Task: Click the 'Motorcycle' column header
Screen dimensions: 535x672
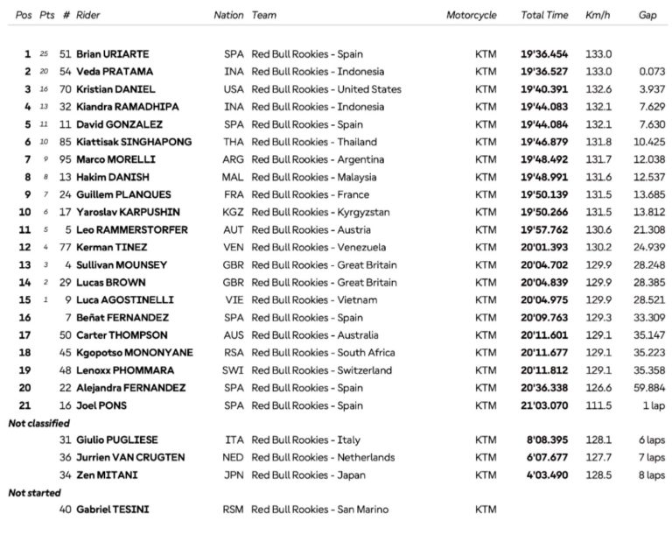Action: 471,16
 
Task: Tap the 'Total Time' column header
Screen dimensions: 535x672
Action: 544,16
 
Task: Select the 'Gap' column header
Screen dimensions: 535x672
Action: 647,16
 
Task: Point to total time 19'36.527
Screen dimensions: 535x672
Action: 543,72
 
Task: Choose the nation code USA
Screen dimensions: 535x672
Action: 233,89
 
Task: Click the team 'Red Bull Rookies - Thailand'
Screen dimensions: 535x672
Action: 313,142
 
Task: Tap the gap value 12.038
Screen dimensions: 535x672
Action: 648,159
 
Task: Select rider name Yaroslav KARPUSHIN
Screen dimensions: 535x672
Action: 123,212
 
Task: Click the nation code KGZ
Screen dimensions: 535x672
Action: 233,212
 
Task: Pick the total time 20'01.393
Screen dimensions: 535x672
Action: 543,247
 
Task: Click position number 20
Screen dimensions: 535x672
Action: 24,387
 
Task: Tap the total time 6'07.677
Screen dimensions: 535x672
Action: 547,457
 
